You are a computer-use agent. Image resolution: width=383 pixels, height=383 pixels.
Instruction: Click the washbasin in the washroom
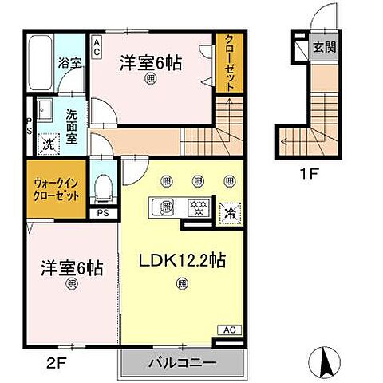point(44,111)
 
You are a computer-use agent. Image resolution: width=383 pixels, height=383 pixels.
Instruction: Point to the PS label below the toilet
point(102,214)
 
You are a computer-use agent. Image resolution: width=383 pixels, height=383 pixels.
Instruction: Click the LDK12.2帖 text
point(181,259)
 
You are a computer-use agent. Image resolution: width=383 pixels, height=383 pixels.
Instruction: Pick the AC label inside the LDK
point(227,329)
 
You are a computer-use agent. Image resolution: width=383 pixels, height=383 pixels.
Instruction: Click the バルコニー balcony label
point(182,364)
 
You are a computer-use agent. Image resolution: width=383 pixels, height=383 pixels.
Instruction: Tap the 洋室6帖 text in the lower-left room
point(72,269)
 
